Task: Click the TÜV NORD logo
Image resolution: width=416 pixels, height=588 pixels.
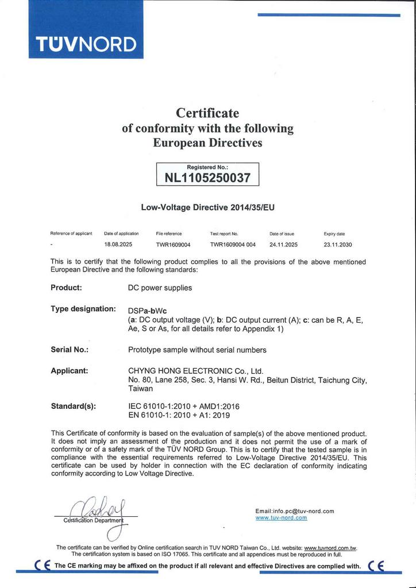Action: (86, 44)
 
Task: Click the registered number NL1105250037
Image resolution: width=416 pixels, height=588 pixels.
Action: (207, 177)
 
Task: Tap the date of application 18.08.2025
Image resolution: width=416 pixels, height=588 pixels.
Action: (115, 244)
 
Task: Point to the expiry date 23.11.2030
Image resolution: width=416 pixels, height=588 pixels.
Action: (338, 244)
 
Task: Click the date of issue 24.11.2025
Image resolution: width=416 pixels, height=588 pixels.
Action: (283, 244)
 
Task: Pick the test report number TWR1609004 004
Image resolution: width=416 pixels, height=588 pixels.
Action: (233, 244)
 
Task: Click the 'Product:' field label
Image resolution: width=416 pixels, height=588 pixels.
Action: (66, 287)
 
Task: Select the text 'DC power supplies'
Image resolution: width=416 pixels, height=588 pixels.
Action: (160, 287)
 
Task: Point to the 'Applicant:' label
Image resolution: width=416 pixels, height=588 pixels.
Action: (69, 370)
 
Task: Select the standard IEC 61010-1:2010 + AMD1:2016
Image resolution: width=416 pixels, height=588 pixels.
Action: (184, 406)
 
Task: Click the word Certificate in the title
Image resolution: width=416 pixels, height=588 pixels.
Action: (207, 113)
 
